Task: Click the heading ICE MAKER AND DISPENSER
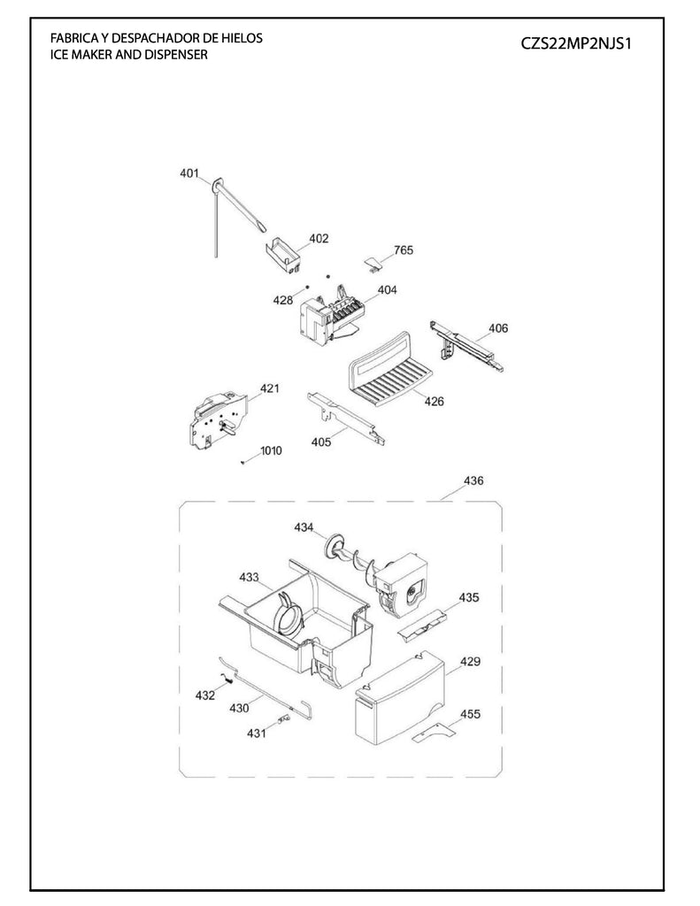pyautogui.click(x=129, y=55)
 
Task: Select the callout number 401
pyautogui.click(x=188, y=173)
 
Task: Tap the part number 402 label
pyautogui.click(x=319, y=239)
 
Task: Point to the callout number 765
pyautogui.click(x=403, y=250)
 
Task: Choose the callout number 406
pyautogui.click(x=498, y=328)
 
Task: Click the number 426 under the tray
pyautogui.click(x=434, y=401)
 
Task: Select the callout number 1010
pyautogui.click(x=271, y=450)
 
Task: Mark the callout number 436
pyautogui.click(x=474, y=481)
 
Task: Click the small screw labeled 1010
pyautogui.click(x=242, y=461)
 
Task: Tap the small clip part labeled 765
pyautogui.click(x=375, y=261)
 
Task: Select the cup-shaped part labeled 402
pyautogui.click(x=285, y=253)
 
